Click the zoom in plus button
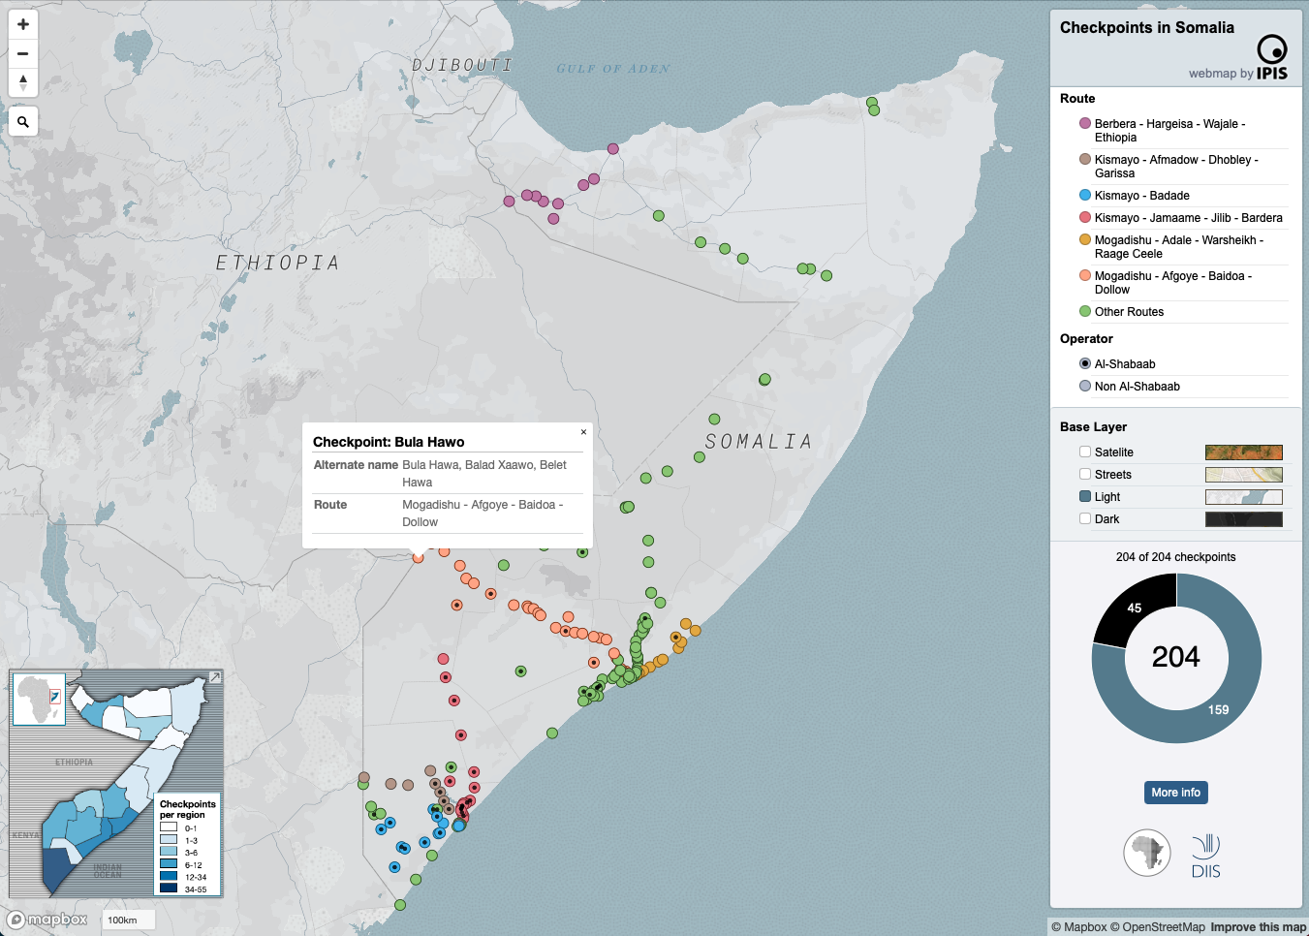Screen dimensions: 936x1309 click(23, 24)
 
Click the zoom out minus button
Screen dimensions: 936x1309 click(23, 53)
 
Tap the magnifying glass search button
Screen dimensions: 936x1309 click(23, 122)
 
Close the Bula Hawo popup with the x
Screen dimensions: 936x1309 click(583, 432)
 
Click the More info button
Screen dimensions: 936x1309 click(1175, 793)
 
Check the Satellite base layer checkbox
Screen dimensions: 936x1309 click(1085, 452)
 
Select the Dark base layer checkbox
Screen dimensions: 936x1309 click(1085, 518)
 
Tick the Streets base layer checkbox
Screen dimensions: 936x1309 click(1085, 474)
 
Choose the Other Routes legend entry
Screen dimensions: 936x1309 click(1129, 312)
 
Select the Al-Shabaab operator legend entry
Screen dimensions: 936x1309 click(1124, 364)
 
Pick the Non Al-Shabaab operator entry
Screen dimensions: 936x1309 click(1137, 387)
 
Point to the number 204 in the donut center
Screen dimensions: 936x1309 click(1175, 657)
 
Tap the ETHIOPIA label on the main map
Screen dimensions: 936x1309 click(277, 263)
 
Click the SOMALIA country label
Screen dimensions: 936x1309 click(758, 442)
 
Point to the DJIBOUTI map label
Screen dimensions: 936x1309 click(461, 65)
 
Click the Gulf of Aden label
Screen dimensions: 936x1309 click(612, 69)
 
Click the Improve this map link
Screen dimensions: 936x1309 click(1258, 927)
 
